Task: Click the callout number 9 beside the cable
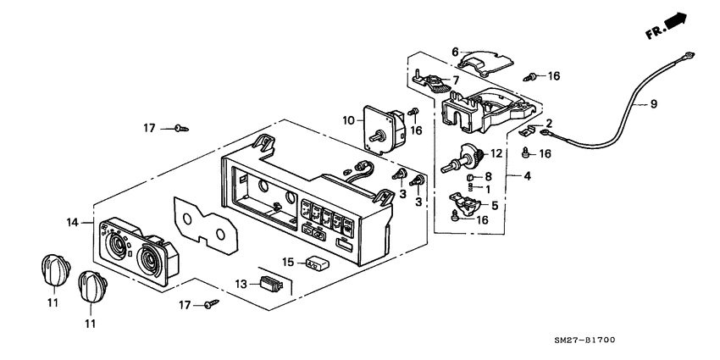coord(653,105)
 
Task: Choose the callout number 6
coord(454,51)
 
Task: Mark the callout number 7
coord(457,80)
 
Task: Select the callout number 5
coord(496,204)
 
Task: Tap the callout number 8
coord(488,177)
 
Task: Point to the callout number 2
coord(548,123)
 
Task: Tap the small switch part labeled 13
coord(269,284)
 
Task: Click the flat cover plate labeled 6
coord(487,59)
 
